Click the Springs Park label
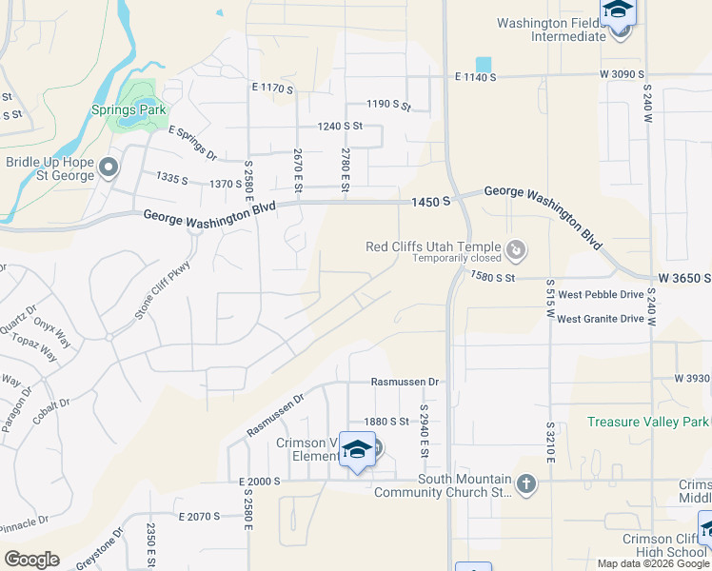pos(129,110)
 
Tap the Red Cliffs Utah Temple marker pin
pos(516,250)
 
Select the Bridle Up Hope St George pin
pos(108,168)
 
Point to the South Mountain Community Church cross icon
pos(524,485)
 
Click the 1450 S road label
pos(431,201)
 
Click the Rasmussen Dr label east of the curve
pos(405,383)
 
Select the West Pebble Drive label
pos(601,295)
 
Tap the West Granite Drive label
pos(601,319)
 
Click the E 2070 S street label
pos(199,516)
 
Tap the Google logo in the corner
pos(31,560)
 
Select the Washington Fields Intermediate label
pos(552,30)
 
